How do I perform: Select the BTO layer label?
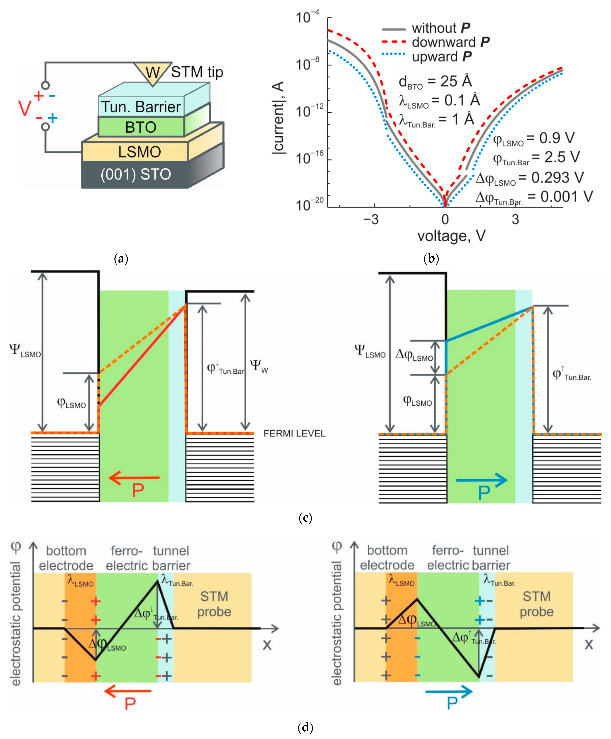tap(141, 127)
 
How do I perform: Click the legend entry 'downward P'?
tap(450, 42)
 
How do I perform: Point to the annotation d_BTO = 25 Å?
tap(435, 82)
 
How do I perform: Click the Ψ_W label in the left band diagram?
tap(259, 367)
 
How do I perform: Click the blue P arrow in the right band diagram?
tap(482, 480)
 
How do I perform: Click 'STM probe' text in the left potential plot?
tap(214, 604)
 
